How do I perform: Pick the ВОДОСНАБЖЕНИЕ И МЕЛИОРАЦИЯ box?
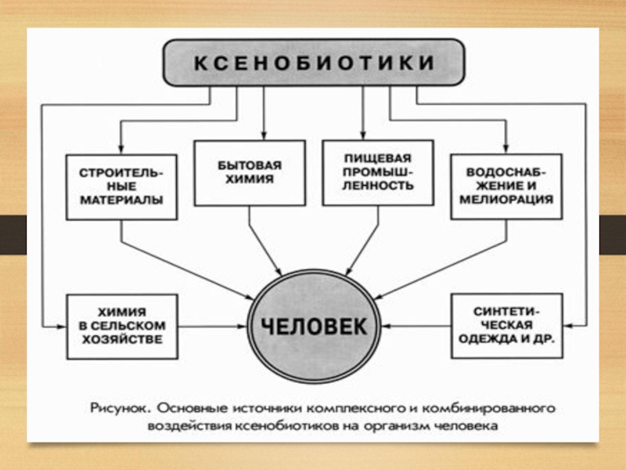503,186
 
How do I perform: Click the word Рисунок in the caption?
117,408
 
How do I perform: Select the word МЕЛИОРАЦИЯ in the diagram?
503,201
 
